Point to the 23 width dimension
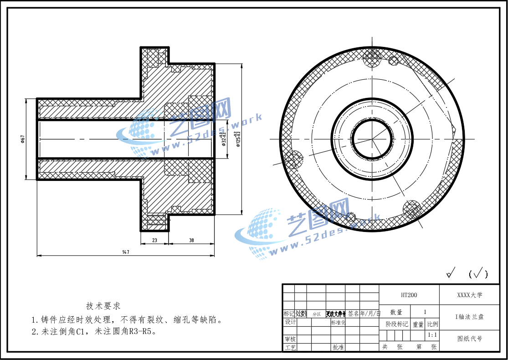[154, 240]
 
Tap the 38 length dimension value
[191, 240]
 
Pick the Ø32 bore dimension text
[224, 139]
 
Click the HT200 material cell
[409, 295]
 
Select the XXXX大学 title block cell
[469, 295]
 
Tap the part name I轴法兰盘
[469, 317]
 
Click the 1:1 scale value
[432, 335]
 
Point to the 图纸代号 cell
[469, 339]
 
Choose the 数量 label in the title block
[396, 312]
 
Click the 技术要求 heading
[103, 306]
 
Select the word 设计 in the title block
[290, 322]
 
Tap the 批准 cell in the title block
[338, 347]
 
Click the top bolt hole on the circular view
[373, 57]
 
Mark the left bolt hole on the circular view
[294, 159]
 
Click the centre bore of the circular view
[372, 139]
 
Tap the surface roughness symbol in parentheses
[478, 273]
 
